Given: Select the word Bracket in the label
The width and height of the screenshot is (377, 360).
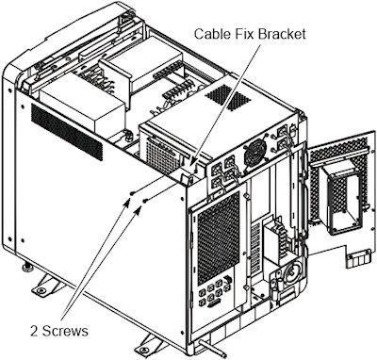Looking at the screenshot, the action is [282, 34].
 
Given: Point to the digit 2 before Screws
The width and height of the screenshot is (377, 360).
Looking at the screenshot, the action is [35, 331].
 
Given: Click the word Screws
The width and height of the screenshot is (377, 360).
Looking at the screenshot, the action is [65, 331].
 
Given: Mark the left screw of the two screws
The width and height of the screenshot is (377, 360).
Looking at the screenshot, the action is [133, 193].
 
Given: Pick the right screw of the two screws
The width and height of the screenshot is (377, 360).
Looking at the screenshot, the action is [145, 200].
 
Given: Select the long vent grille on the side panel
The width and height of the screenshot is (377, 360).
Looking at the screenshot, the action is [67, 132].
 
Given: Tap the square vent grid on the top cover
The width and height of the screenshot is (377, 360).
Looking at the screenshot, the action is [228, 98].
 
